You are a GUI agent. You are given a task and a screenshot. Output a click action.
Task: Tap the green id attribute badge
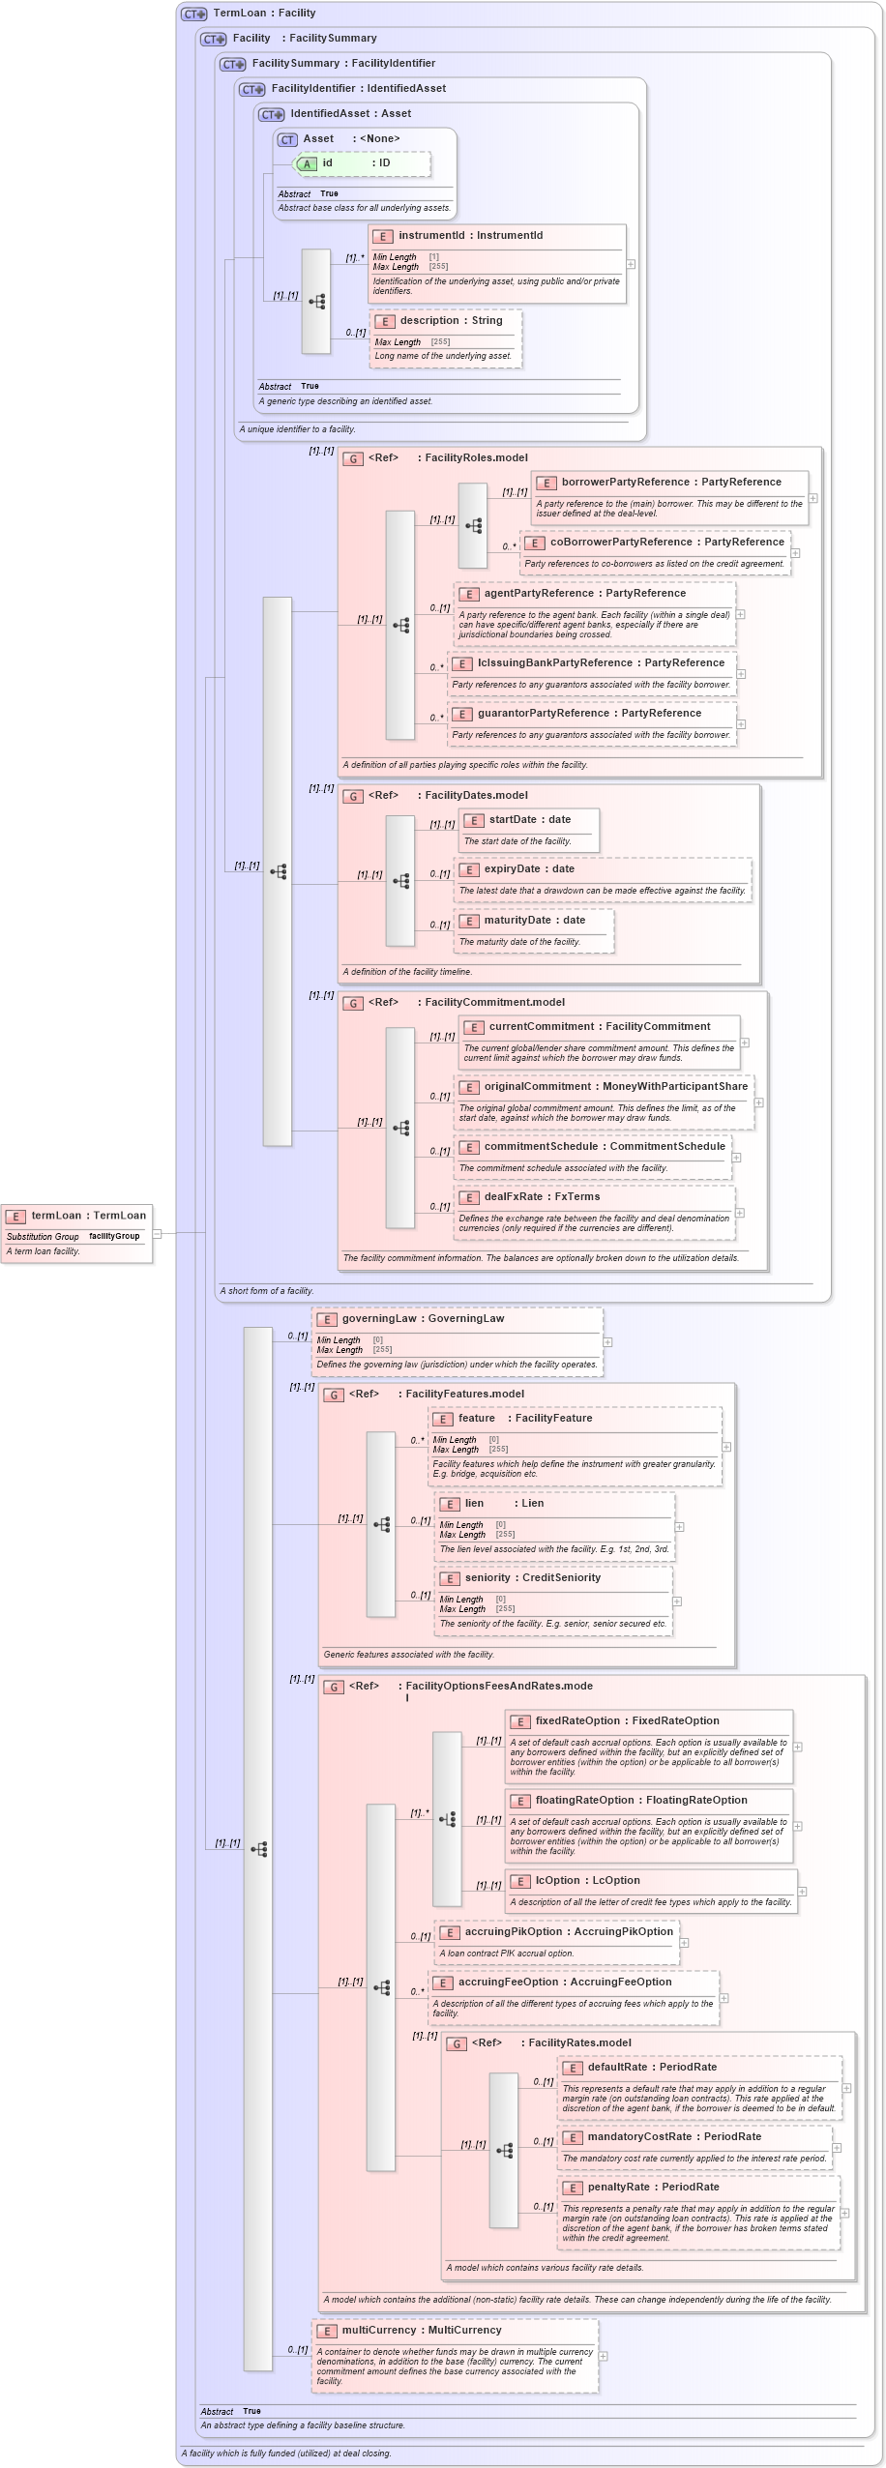(x=307, y=163)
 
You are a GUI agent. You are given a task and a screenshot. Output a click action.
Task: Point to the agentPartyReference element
(x=584, y=594)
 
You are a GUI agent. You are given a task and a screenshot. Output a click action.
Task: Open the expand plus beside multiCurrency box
(x=604, y=2356)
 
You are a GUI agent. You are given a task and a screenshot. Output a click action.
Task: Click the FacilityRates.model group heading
(x=578, y=2042)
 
